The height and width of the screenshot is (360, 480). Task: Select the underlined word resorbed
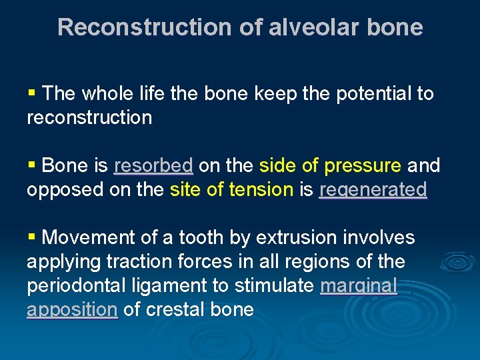tap(153, 165)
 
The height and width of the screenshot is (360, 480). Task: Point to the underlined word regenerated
tap(373, 190)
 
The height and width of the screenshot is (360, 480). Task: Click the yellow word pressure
tap(365, 165)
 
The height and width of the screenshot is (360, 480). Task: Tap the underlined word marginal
tap(359, 286)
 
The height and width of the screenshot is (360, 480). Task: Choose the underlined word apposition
tap(72, 310)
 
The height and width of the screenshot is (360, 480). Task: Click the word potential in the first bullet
tap(374, 93)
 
